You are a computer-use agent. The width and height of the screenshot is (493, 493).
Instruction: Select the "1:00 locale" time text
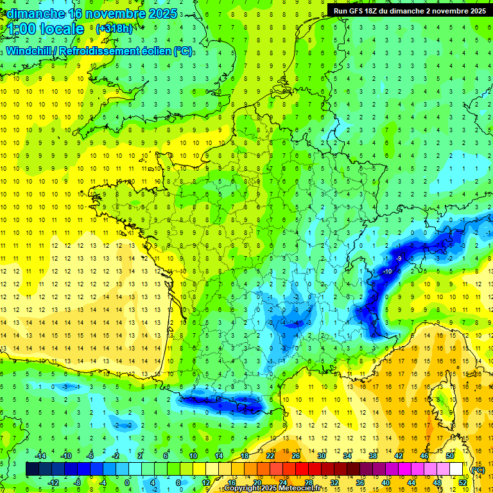click(x=46, y=29)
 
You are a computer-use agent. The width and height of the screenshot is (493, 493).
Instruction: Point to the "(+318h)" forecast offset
click(x=114, y=29)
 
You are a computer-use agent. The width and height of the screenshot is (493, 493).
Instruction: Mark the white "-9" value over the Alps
click(x=399, y=258)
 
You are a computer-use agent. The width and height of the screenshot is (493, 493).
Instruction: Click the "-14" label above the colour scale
click(x=40, y=455)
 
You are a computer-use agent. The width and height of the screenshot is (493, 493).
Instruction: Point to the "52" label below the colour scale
click(x=462, y=482)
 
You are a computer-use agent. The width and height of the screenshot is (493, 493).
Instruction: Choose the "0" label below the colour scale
click(x=127, y=482)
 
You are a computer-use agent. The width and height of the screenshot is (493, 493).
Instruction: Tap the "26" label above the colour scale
click(x=296, y=455)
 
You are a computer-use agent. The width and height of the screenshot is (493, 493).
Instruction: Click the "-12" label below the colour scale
click(x=53, y=482)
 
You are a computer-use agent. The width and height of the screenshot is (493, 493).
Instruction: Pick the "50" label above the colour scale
click(x=450, y=455)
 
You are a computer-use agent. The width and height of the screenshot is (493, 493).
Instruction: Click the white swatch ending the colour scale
click(x=456, y=469)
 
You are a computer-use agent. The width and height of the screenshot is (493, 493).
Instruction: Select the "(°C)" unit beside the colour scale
click(x=478, y=469)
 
